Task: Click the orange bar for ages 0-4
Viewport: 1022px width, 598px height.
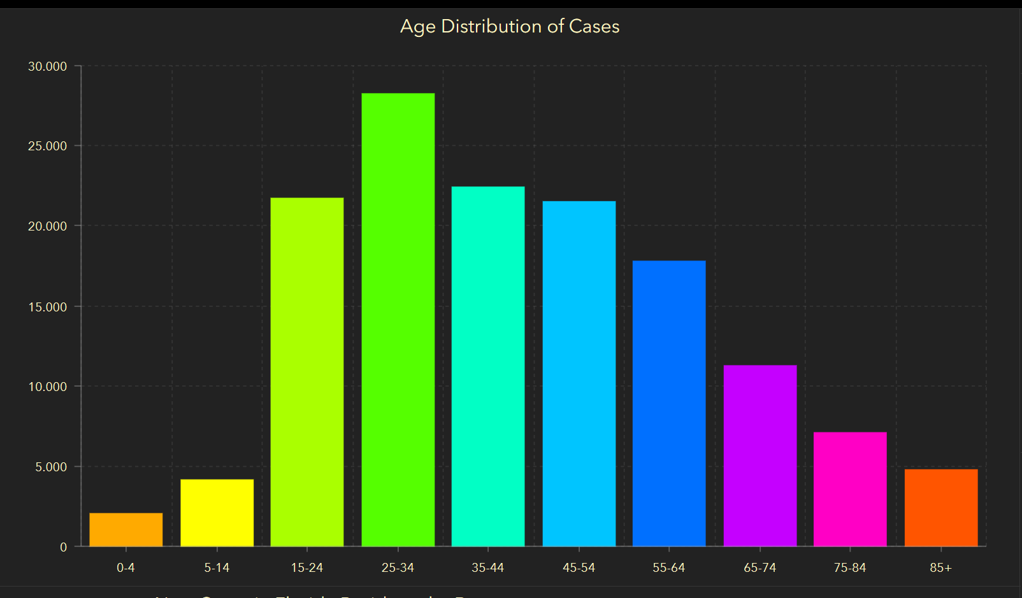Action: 126,529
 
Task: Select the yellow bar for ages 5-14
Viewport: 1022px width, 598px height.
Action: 217,513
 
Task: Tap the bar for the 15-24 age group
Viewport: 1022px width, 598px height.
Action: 307,372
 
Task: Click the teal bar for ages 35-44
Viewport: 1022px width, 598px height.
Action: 488,366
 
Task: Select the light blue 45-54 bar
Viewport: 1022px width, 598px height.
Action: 579,374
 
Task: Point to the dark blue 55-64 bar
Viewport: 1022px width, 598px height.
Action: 669,403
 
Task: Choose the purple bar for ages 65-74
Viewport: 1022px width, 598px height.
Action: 760,455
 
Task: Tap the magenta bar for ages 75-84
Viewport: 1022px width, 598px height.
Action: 850,489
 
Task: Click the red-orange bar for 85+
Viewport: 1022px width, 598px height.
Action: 941,508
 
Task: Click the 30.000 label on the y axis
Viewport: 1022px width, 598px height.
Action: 47,66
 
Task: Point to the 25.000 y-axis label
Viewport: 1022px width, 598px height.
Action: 47,146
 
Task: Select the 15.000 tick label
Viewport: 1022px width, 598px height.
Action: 47,307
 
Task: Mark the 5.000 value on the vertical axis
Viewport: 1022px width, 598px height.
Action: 51,467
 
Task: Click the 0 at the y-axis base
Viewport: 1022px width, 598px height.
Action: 63,547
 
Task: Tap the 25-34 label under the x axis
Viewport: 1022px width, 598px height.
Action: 398,567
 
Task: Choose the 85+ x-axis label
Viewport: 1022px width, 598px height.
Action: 940,567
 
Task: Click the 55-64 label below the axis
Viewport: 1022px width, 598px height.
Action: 669,567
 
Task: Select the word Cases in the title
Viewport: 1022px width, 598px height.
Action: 594,26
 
